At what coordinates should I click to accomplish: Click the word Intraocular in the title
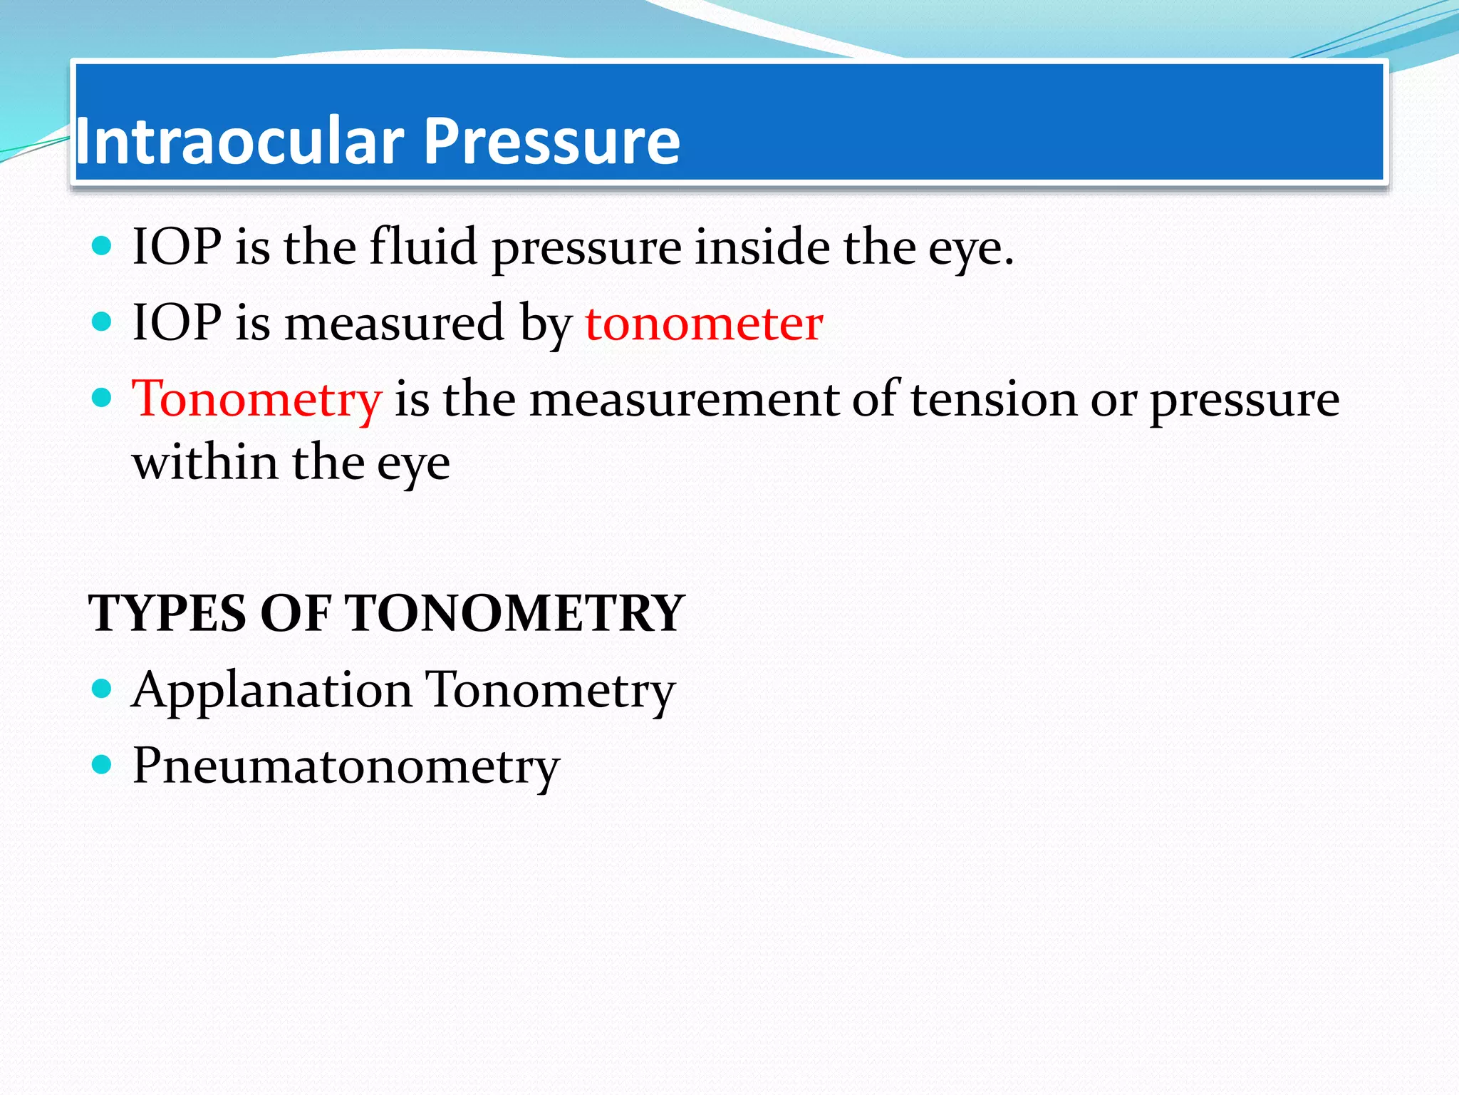tap(239, 141)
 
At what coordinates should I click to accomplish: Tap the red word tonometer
tap(704, 324)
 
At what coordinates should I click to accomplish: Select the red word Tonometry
tap(257, 399)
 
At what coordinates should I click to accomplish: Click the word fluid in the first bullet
tap(423, 247)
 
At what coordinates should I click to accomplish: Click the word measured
tap(395, 324)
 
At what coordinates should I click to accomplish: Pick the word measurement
tap(684, 399)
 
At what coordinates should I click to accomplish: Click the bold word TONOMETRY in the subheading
tap(514, 613)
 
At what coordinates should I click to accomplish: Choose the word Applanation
tap(272, 690)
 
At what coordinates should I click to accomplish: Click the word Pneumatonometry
tap(346, 766)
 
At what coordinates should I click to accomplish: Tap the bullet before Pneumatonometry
tap(103, 765)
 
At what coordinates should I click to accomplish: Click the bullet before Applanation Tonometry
tap(103, 689)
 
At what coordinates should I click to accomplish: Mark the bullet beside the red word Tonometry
tap(103, 397)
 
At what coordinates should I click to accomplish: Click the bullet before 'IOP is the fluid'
tap(103, 246)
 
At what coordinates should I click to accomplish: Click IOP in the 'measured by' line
tap(177, 324)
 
